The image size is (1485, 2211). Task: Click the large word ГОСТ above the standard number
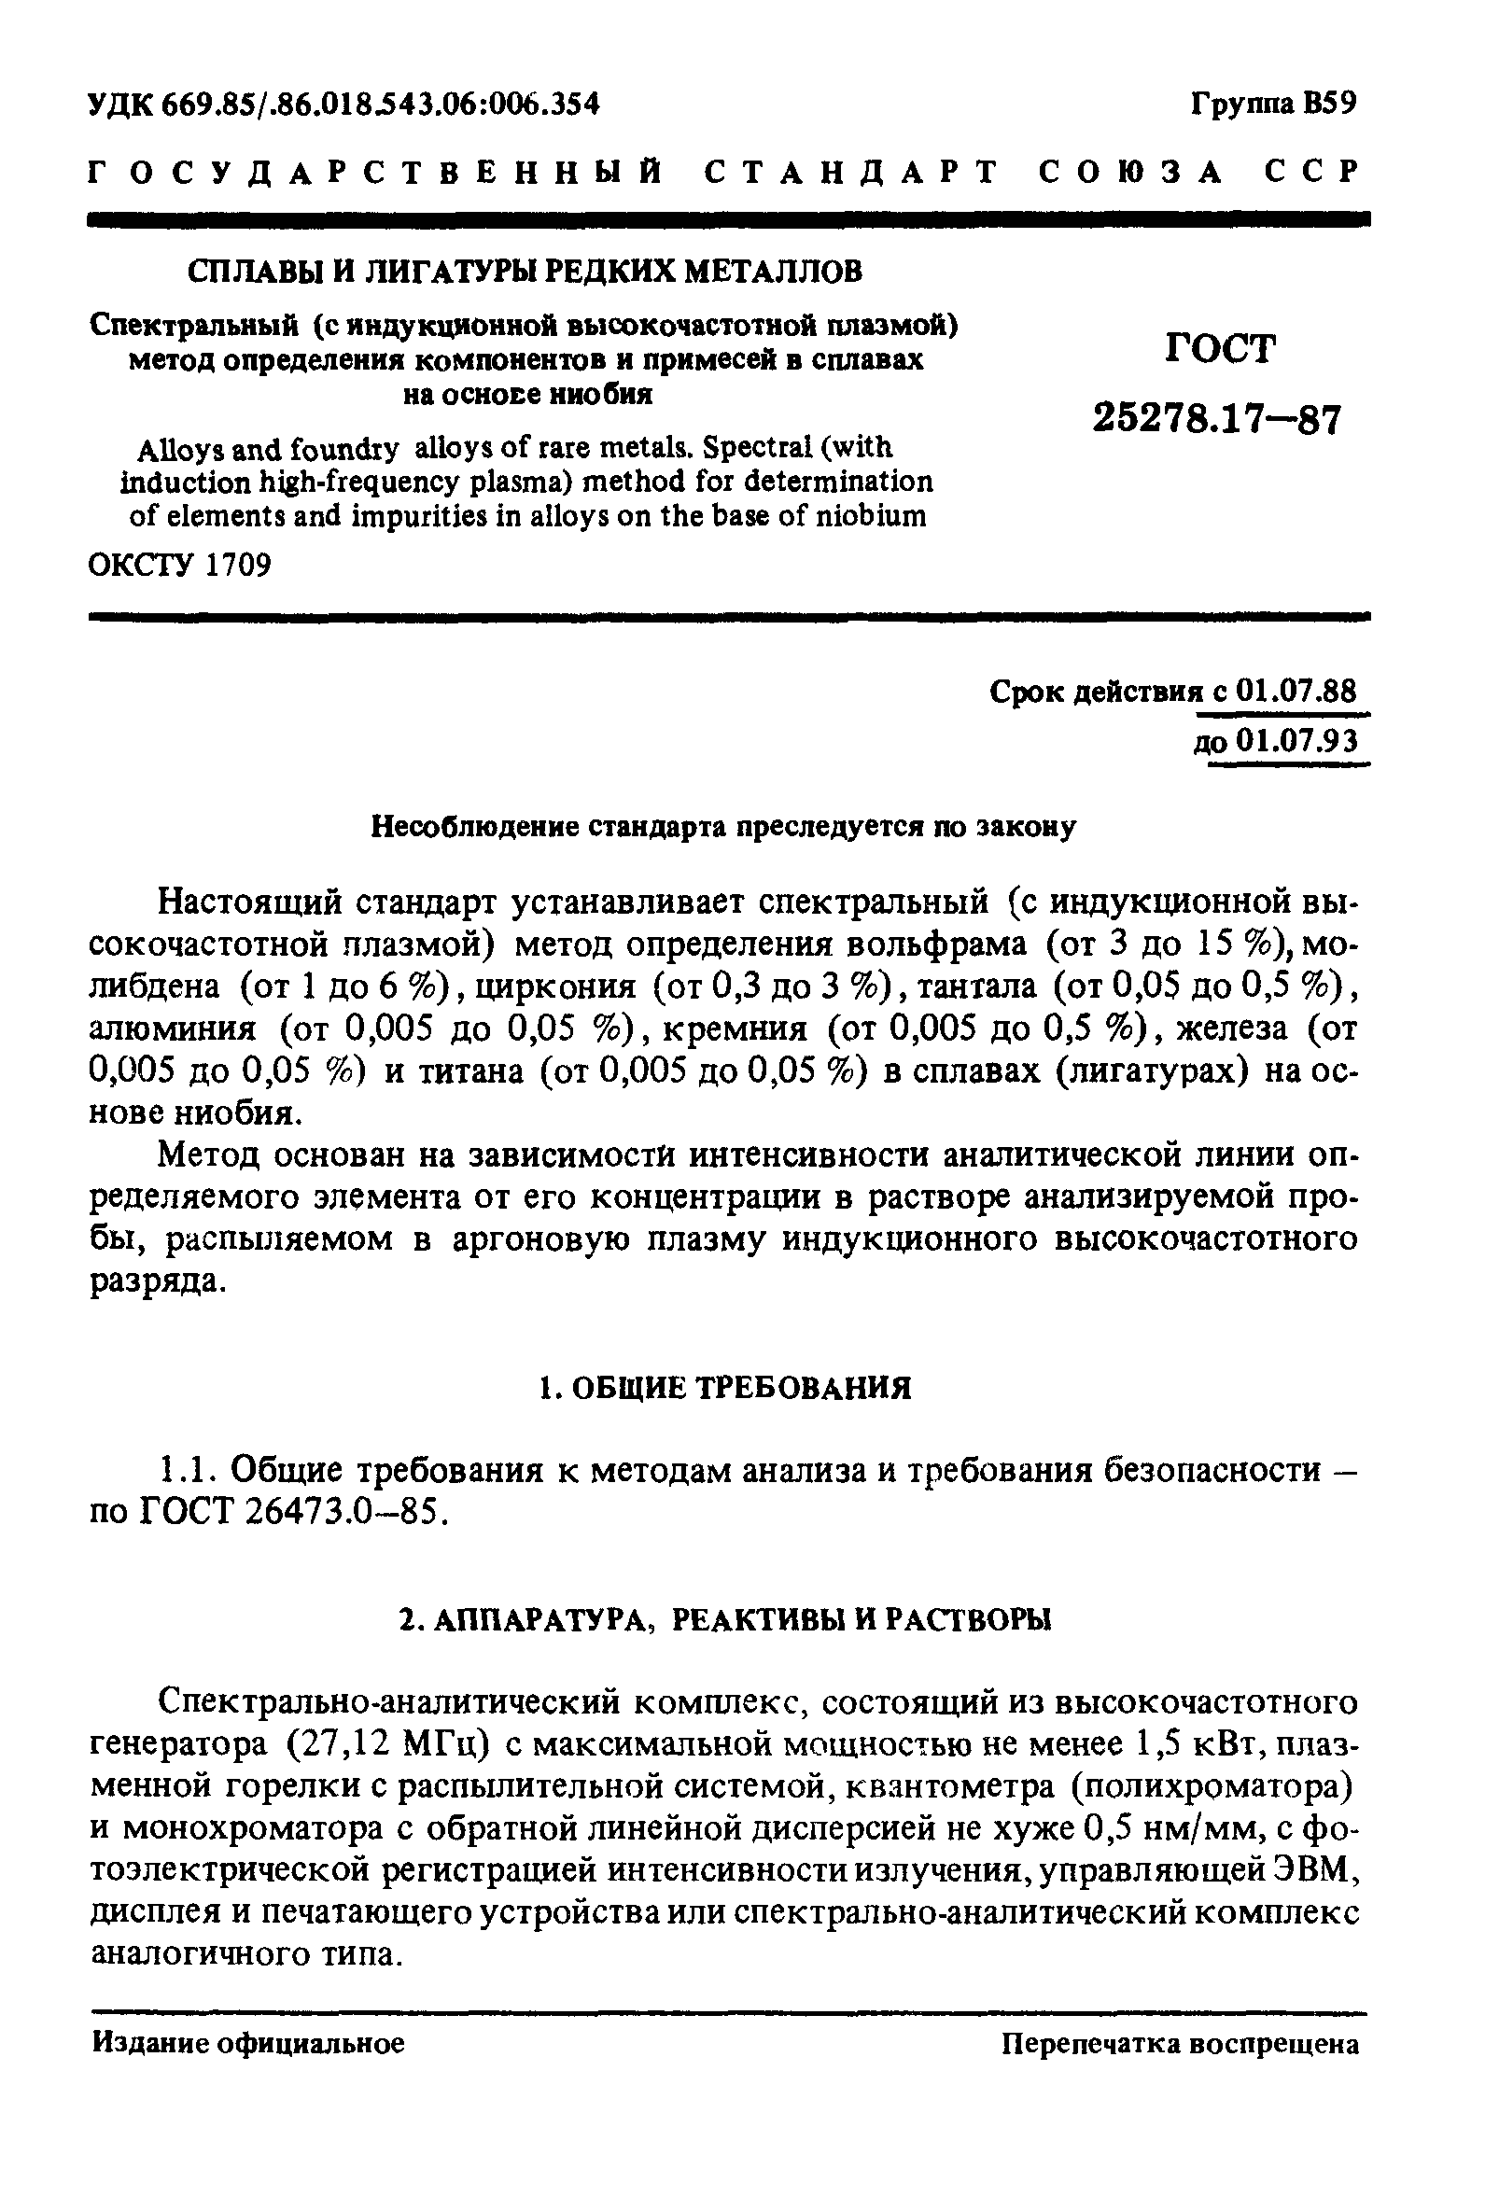pos(1220,349)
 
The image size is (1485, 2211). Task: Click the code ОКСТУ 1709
pos(180,566)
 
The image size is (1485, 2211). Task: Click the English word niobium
pos(871,517)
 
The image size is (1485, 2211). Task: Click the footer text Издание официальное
pos(248,2044)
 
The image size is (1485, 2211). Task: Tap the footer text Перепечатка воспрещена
pos(1180,2044)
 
